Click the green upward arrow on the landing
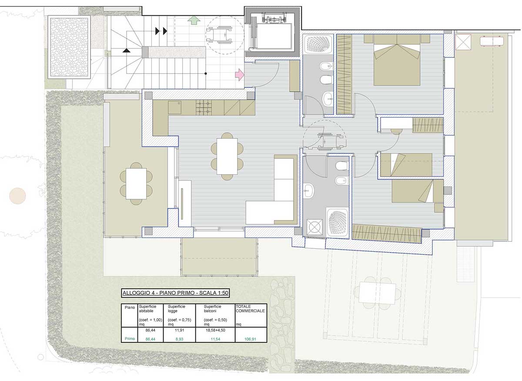click(x=194, y=20)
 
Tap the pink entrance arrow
click(x=240, y=74)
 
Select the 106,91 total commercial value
click(x=250, y=339)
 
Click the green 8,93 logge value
click(x=179, y=339)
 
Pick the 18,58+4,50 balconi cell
click(x=215, y=330)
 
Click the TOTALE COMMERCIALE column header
click(x=250, y=308)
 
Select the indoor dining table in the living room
click(x=227, y=156)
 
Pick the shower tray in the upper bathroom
click(x=318, y=44)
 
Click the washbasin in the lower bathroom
click(x=309, y=191)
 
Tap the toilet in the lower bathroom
click(x=342, y=165)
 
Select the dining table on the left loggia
click(x=136, y=184)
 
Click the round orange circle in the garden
click(x=17, y=196)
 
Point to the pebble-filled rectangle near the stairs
click(x=69, y=47)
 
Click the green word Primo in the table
click(x=130, y=339)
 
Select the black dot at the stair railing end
click(x=205, y=74)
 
